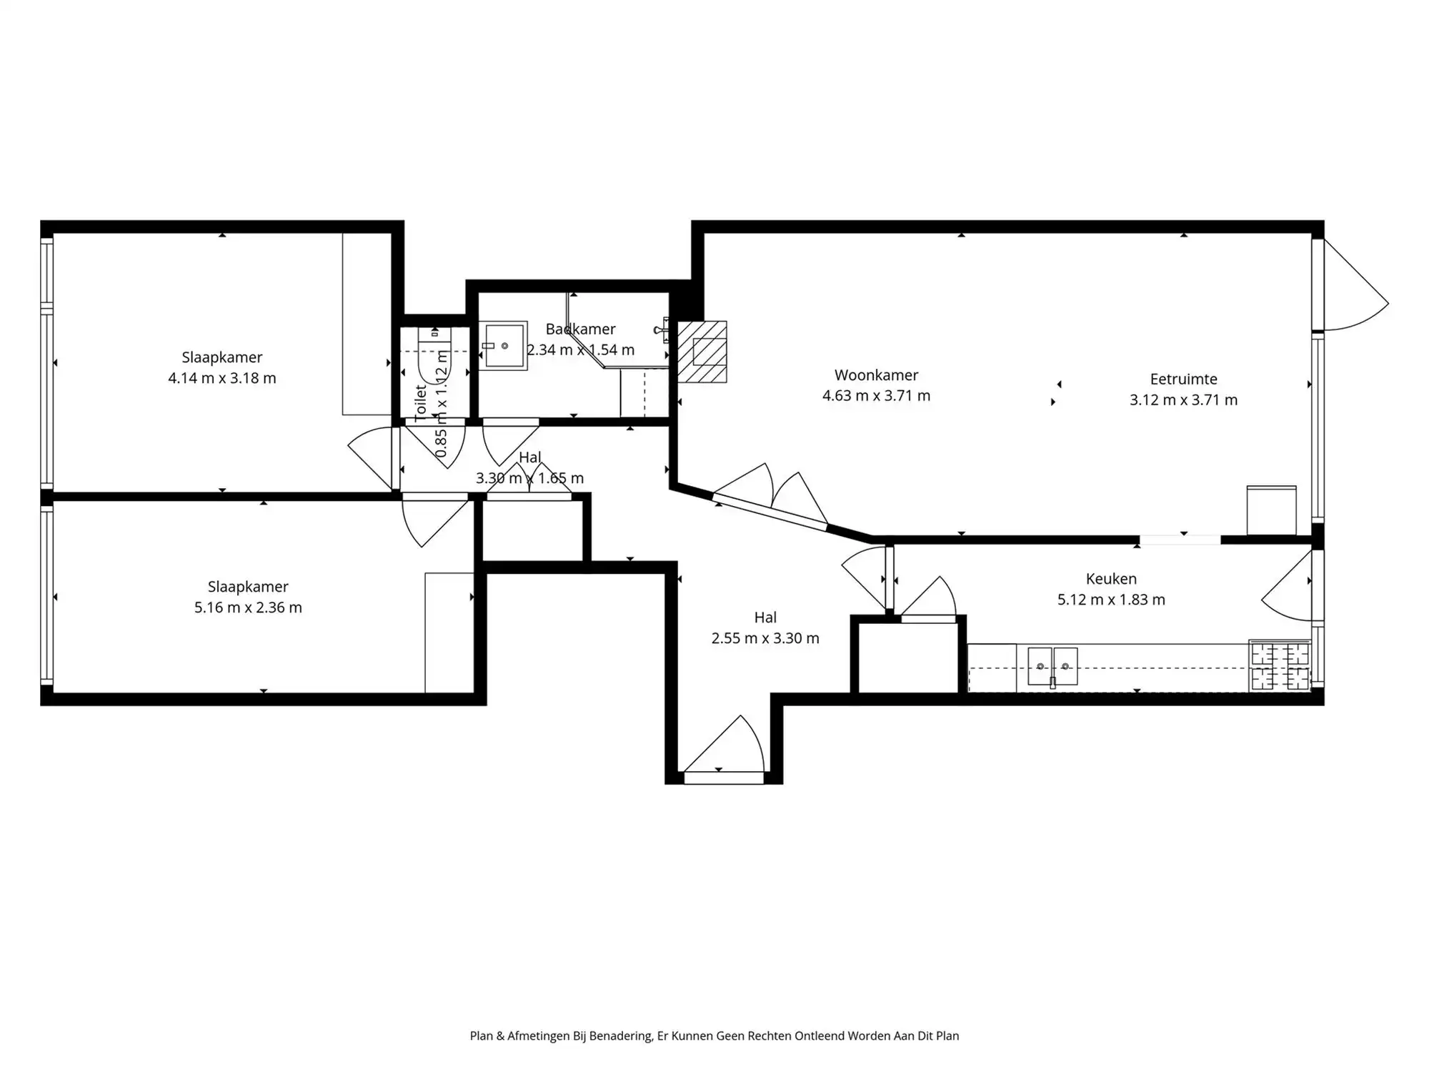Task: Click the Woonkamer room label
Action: (x=876, y=375)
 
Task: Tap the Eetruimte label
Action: (x=1183, y=379)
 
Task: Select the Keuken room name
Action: (x=1110, y=579)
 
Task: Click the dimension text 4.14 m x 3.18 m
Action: (x=221, y=378)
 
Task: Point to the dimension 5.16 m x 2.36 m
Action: (x=248, y=607)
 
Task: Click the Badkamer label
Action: (x=580, y=329)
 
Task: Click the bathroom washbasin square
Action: (x=504, y=346)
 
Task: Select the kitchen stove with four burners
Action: (x=1279, y=666)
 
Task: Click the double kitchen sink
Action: (x=1052, y=666)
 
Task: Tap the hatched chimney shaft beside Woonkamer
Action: (x=702, y=352)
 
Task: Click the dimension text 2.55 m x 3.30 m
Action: (x=765, y=638)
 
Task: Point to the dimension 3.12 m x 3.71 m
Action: (x=1183, y=400)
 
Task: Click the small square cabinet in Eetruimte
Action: (x=1271, y=510)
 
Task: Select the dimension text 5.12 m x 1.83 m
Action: (x=1110, y=600)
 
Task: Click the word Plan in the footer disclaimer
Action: (x=481, y=1036)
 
